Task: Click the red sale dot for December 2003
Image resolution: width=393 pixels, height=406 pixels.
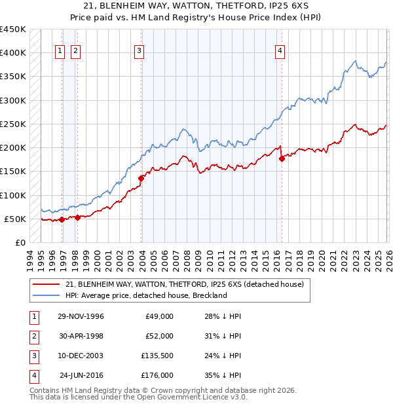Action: point(141,178)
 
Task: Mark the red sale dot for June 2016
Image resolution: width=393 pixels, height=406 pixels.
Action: point(282,158)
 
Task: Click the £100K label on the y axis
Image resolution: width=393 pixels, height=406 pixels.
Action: point(14,195)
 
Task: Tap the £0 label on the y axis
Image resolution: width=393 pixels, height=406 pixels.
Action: point(20,242)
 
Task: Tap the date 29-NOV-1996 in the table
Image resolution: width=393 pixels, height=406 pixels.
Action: point(81,316)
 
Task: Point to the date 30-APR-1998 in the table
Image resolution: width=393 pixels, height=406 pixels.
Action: point(81,336)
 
